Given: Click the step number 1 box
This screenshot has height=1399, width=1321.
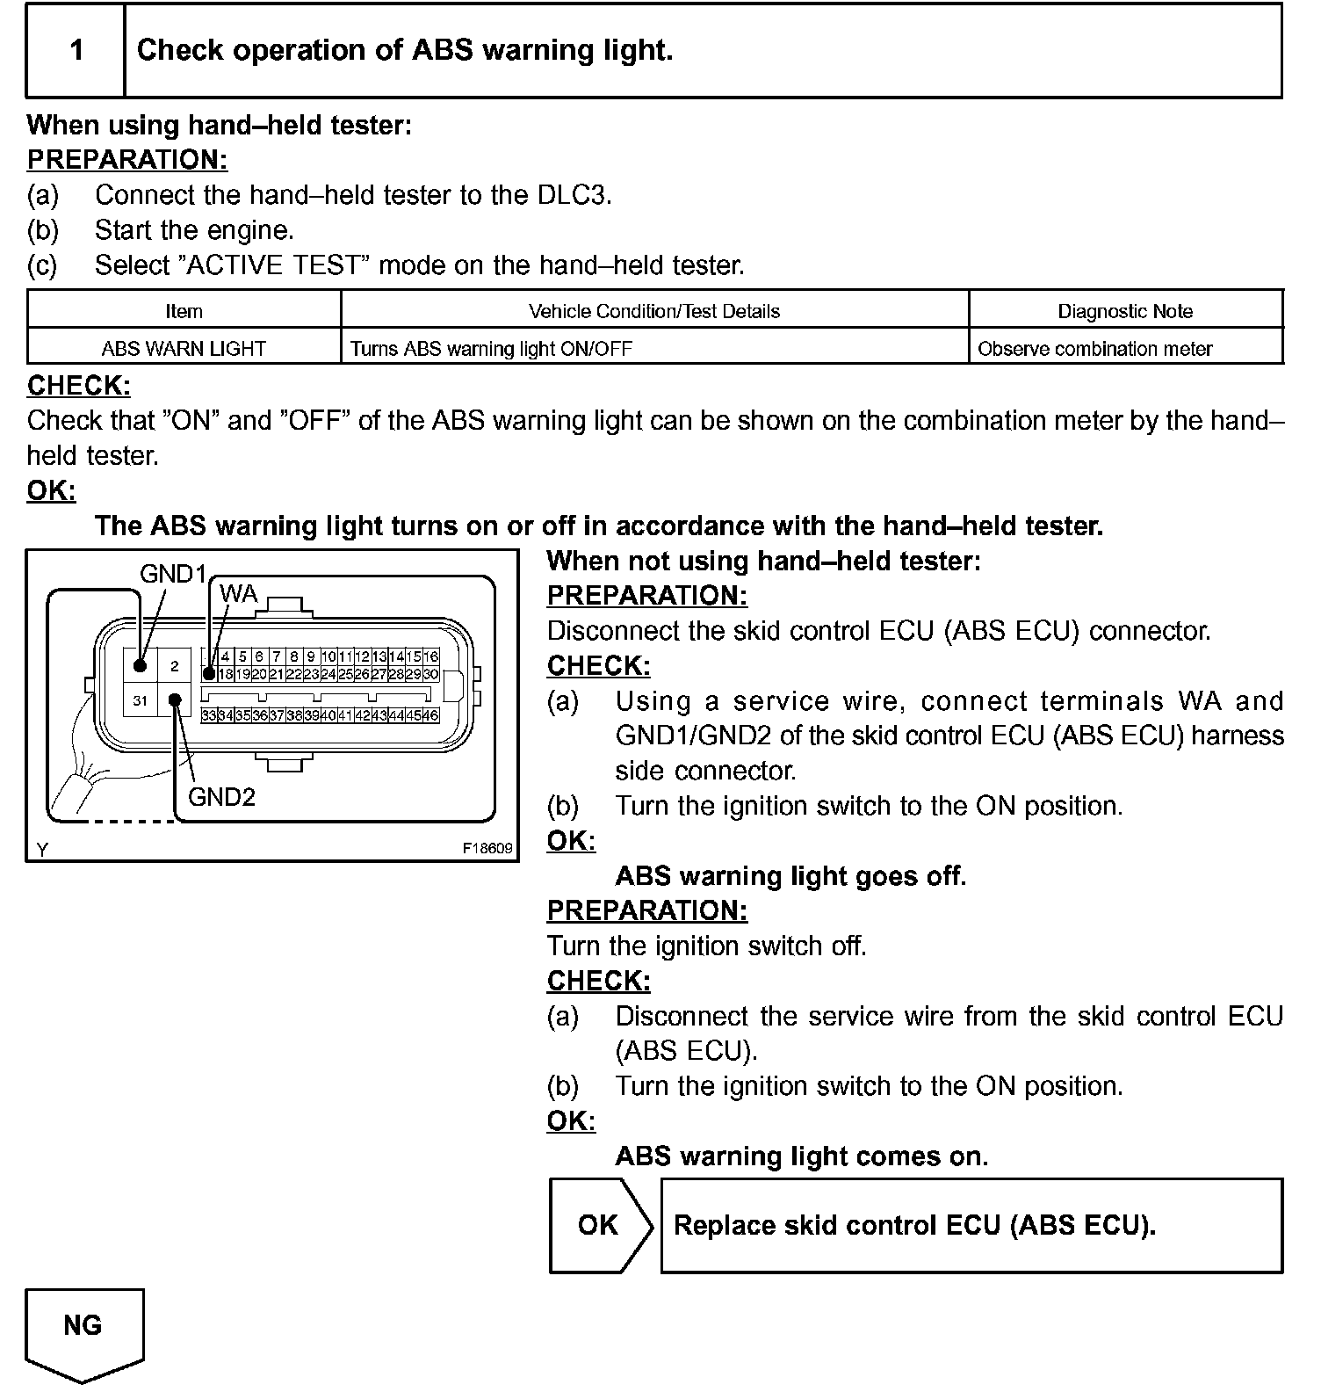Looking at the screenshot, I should [x=76, y=50].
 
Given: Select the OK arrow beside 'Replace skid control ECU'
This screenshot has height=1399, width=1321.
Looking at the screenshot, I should [x=599, y=1225].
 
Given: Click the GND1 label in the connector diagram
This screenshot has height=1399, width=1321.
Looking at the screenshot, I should [x=173, y=574].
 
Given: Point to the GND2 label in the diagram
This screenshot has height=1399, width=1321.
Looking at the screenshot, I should [x=221, y=797].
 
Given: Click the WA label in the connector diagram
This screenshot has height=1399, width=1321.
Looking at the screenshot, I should [x=238, y=594].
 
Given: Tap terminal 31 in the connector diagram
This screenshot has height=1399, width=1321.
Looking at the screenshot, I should [x=140, y=700].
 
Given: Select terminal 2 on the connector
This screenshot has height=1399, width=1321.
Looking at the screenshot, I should [x=175, y=665].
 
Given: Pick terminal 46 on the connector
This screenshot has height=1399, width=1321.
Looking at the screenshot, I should [x=430, y=715].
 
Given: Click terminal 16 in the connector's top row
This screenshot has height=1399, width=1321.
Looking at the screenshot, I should [x=430, y=656].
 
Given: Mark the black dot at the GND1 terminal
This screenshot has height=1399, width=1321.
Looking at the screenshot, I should [x=141, y=665].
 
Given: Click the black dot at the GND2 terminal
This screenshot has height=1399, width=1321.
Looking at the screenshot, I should [x=176, y=700].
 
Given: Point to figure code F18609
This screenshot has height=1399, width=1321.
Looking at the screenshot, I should [x=487, y=849].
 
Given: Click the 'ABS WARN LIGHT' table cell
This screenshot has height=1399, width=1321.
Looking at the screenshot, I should [x=184, y=349].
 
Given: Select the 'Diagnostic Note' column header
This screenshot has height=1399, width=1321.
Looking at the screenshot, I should [x=1125, y=311].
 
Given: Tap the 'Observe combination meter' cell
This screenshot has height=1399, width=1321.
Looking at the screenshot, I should [x=1094, y=349].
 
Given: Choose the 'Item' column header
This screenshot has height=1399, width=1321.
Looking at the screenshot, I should [x=184, y=311].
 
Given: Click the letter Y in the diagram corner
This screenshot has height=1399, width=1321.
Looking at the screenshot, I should [x=41, y=849].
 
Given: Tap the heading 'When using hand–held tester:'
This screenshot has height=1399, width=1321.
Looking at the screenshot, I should [x=220, y=125].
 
